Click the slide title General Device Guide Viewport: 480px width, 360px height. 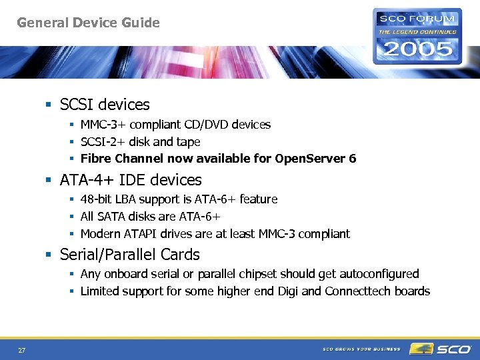(x=88, y=23)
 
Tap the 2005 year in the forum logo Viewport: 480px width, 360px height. (x=416, y=49)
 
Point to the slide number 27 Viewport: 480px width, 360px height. (x=22, y=350)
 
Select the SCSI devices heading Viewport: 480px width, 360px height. (x=105, y=105)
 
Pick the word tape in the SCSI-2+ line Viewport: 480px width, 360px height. (x=188, y=142)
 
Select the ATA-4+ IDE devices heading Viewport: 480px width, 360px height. (x=131, y=180)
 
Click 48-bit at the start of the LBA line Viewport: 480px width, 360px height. (x=97, y=199)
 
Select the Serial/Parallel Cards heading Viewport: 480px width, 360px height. (x=129, y=255)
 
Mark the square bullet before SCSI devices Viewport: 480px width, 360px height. (x=48, y=105)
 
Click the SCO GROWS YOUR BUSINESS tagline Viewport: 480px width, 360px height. (x=361, y=349)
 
